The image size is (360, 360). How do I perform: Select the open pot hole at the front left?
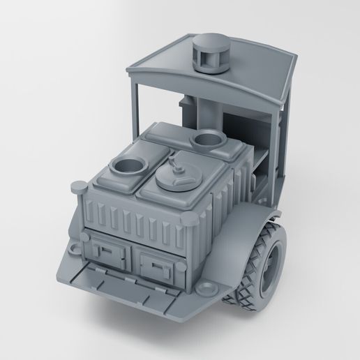click(x=130, y=167)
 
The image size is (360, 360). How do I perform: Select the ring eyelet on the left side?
click(x=72, y=248)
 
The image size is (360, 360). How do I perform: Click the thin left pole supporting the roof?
click(x=135, y=105)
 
